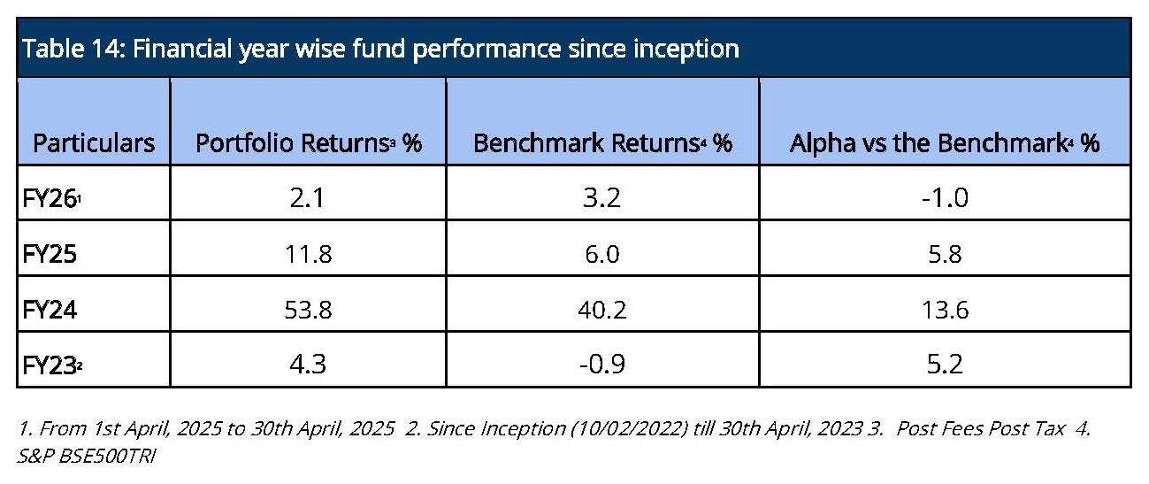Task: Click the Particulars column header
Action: click(94, 143)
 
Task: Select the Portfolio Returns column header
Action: click(309, 143)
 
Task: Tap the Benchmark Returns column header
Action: click(602, 143)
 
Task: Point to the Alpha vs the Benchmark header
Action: click(945, 143)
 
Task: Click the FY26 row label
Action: click(51, 198)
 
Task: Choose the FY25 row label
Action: click(50, 254)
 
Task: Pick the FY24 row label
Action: click(50, 310)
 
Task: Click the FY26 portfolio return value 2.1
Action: click(307, 198)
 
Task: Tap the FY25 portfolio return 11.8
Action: click(309, 254)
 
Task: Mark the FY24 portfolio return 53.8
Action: click(308, 310)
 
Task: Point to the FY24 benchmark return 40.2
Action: click(602, 310)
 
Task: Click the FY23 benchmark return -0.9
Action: click(602, 365)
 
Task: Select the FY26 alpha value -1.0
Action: click(945, 198)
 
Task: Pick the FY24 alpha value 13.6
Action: click(945, 310)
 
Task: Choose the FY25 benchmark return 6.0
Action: click(602, 254)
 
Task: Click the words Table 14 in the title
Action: click(74, 49)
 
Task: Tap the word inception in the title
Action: click(686, 50)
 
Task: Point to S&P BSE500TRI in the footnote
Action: click(86, 456)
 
